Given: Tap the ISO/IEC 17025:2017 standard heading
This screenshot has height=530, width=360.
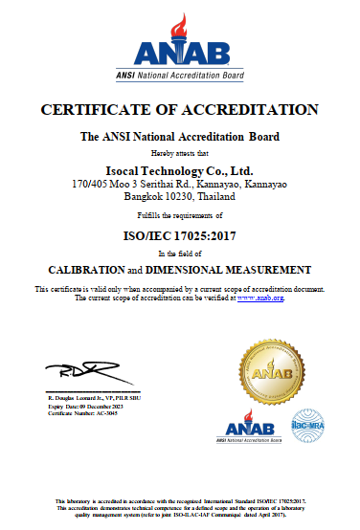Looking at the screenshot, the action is pos(180,232).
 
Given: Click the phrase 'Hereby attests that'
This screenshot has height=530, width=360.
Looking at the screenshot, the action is pos(180,152).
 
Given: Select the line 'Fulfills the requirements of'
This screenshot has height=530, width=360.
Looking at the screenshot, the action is pos(180,215).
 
